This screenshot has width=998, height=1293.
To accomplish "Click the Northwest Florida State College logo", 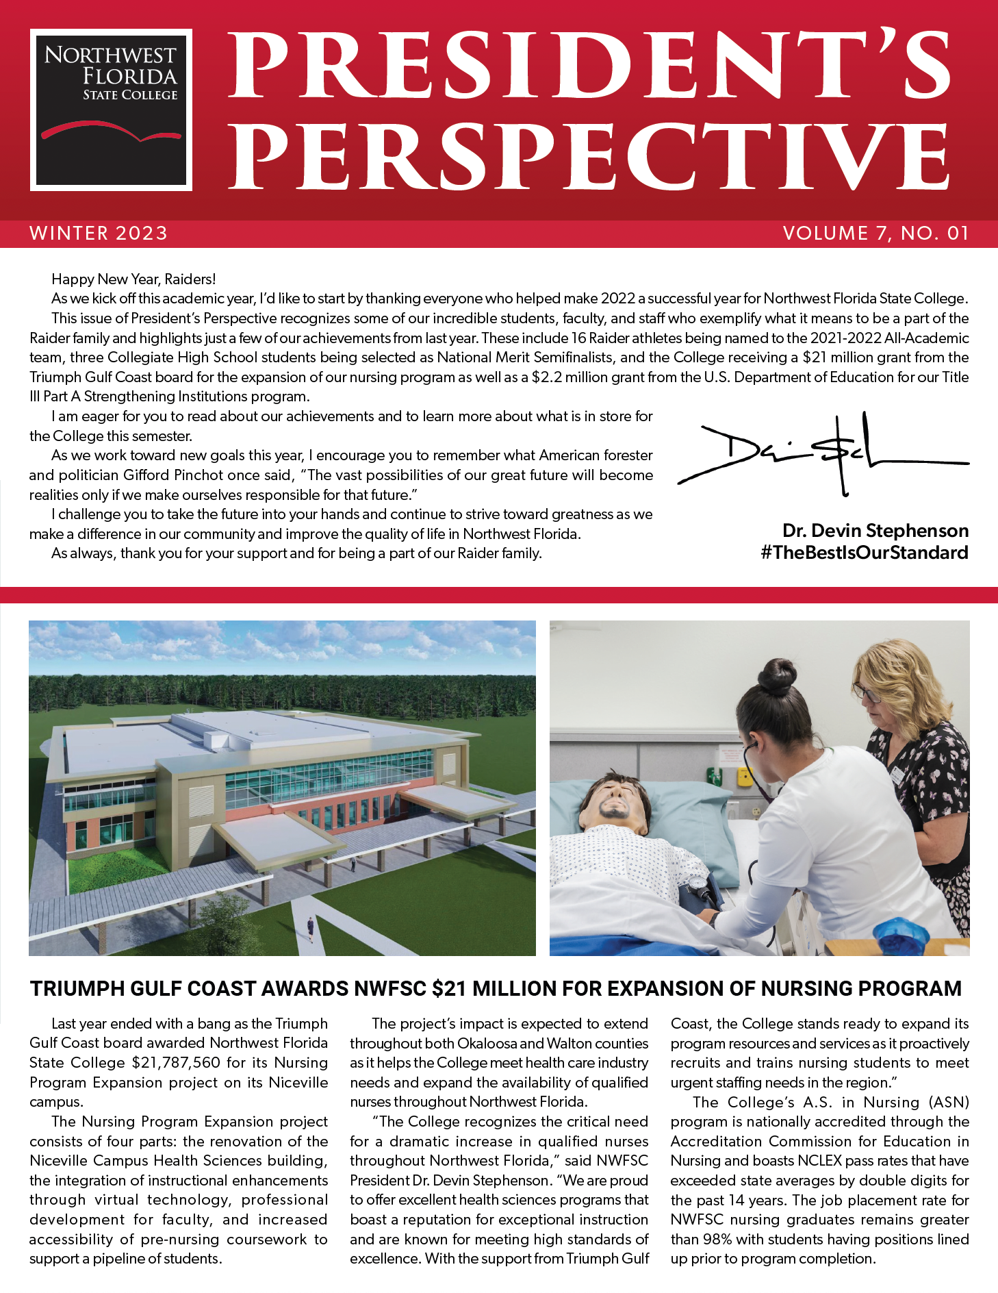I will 111,110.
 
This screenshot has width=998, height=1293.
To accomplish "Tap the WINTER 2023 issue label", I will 99,234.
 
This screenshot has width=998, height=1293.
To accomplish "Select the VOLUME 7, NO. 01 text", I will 876,234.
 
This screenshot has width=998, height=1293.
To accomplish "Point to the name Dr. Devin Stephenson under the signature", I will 875,531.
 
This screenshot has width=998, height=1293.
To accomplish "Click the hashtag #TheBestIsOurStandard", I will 864,553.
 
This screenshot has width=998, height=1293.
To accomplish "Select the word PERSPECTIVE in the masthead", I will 589,156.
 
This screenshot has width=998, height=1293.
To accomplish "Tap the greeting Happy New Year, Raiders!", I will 133,279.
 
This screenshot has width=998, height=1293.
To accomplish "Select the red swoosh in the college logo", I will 110,130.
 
